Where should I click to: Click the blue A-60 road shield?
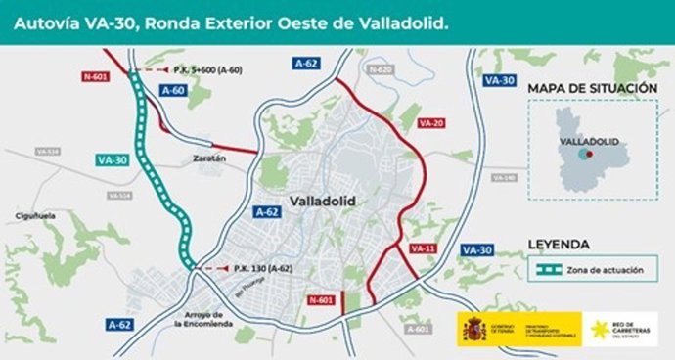point(173,90)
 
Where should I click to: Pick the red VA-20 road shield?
point(430,124)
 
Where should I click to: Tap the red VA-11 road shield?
point(423,248)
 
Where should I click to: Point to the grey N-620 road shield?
point(381,70)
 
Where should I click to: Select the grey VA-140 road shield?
point(503,178)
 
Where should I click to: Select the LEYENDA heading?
point(558,245)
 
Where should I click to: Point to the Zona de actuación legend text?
point(601,268)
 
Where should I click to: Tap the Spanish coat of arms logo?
point(474,329)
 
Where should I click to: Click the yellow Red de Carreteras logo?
point(598,330)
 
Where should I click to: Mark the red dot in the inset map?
point(586,155)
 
